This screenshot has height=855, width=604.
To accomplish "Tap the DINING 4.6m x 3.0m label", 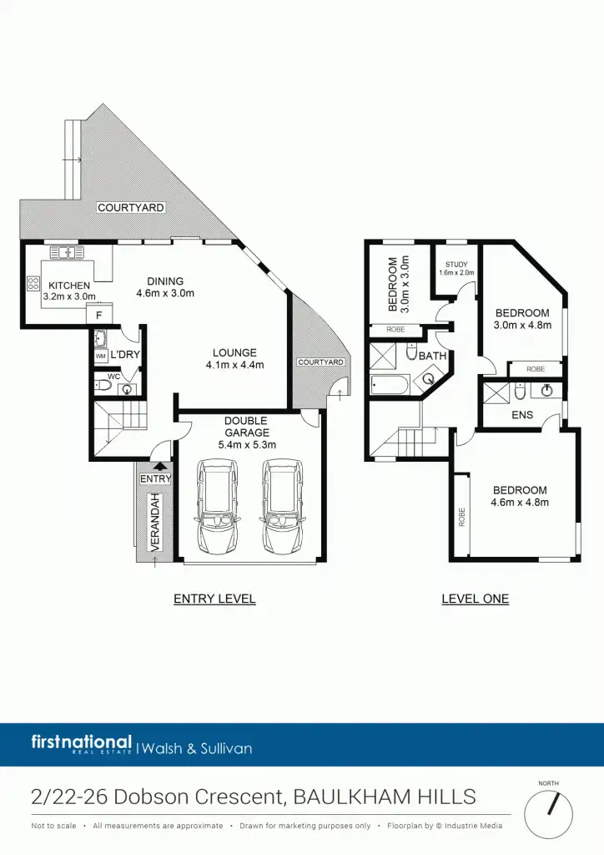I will [x=165, y=287].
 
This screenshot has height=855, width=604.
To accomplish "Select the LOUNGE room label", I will [x=234, y=358].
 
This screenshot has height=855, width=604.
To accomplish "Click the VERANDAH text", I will [x=154, y=521].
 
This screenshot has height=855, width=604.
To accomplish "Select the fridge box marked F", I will [x=99, y=316].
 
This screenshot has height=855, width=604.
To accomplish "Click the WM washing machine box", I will [x=101, y=357].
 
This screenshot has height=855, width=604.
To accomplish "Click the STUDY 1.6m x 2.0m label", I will [x=456, y=268].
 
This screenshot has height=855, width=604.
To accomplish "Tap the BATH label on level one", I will [x=433, y=356].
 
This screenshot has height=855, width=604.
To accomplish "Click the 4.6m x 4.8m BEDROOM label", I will [x=520, y=496].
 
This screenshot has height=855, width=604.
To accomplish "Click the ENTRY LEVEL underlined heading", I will [x=214, y=599].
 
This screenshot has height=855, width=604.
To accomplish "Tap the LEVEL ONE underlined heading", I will [x=475, y=599].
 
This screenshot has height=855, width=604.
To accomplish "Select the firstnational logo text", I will [x=82, y=742].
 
